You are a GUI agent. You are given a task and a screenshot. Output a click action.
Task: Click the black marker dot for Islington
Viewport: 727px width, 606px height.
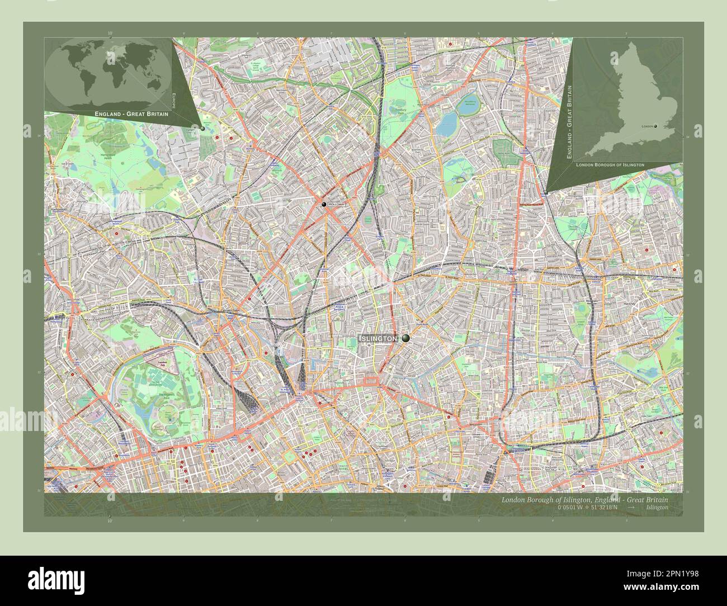pos(405,338)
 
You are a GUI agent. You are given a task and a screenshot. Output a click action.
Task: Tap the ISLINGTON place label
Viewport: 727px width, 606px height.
pos(378,339)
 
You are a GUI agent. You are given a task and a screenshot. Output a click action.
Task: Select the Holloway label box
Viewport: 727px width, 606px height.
pos(337,205)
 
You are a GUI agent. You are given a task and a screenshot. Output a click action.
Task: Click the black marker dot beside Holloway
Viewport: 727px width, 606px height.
pos(324,205)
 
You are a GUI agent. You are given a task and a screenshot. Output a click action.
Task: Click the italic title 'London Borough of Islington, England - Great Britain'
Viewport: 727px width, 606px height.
pos(584,499)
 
